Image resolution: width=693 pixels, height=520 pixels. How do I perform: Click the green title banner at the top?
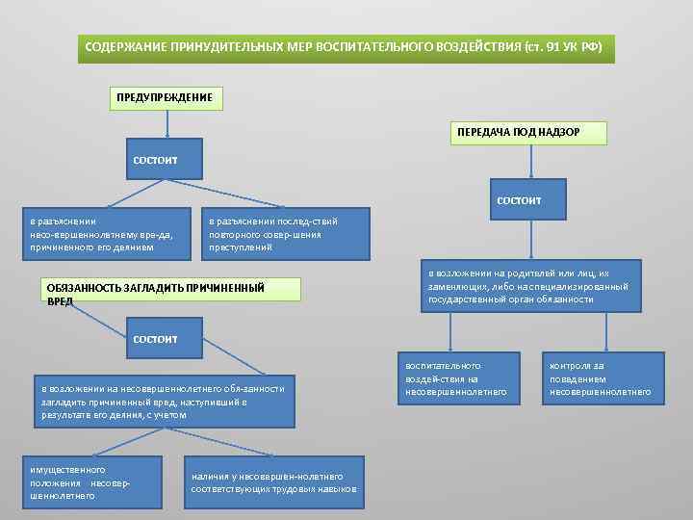coord(346,46)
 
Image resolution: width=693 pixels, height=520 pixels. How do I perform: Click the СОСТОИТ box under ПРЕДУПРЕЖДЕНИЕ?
coord(154,159)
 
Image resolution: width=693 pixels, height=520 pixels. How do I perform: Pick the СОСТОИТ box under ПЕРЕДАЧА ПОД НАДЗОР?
coord(520,200)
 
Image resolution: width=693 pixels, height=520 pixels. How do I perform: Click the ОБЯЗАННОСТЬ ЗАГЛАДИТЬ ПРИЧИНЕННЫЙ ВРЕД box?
coord(155,293)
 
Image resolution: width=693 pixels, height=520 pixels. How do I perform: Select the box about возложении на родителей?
coord(528,287)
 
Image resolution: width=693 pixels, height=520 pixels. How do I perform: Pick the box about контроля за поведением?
coord(601,379)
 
